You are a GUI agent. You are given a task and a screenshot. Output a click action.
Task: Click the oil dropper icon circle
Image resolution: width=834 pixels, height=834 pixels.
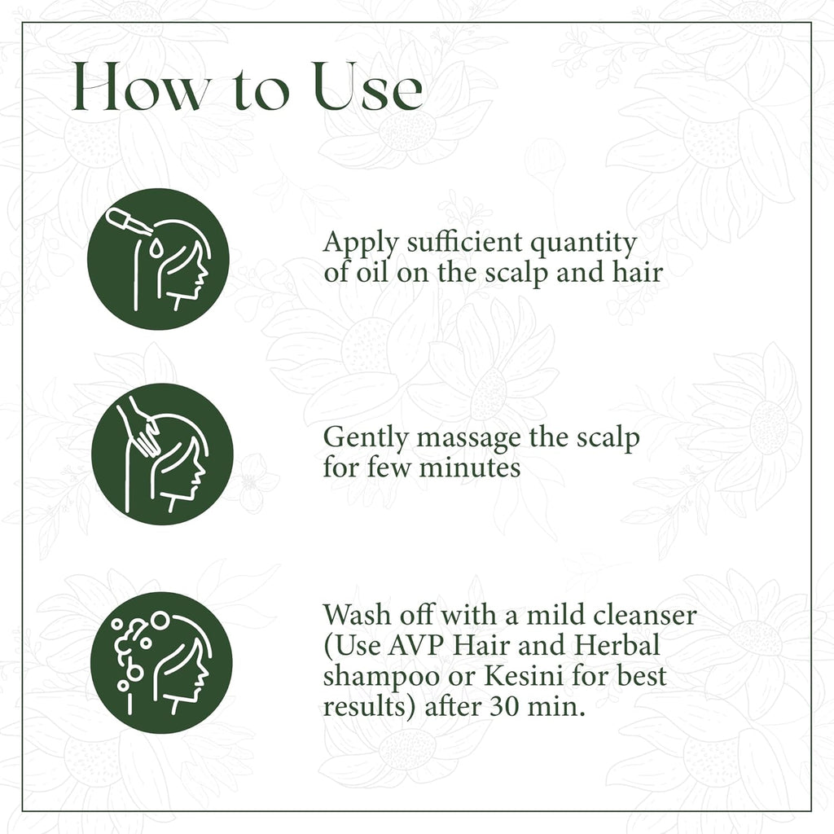158,259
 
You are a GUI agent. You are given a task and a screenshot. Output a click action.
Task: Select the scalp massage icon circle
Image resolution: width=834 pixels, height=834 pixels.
162,454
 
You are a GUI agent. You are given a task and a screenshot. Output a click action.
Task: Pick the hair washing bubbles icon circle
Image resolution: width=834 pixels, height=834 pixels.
161,663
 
